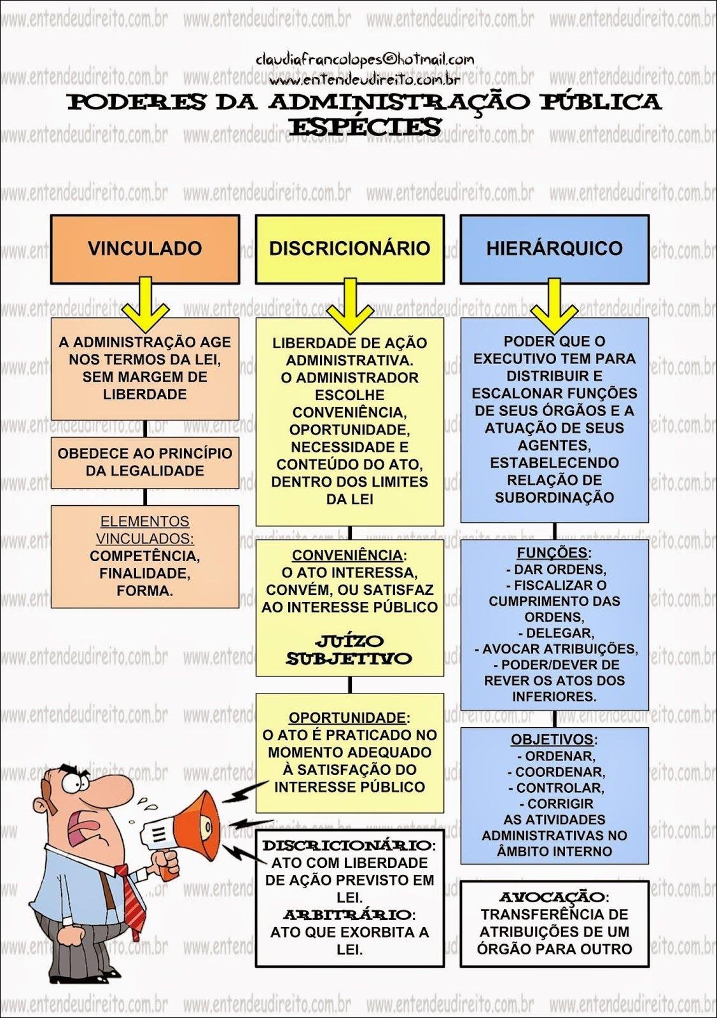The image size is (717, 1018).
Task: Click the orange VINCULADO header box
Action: coord(145,249)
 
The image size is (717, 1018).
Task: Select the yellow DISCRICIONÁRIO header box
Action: coord(349,249)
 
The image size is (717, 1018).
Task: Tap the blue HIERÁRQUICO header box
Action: coord(554,249)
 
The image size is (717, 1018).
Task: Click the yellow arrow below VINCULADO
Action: coord(145,305)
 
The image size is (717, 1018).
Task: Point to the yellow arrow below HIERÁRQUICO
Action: coord(554,305)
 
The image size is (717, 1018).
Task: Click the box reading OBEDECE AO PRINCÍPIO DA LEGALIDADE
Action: coord(145,463)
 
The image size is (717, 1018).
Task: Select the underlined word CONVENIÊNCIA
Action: coord(347,555)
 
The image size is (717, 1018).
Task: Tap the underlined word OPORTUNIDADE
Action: coord(347,718)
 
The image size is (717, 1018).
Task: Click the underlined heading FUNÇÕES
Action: coord(552,553)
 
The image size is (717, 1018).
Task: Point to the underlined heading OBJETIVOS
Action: coord(552,740)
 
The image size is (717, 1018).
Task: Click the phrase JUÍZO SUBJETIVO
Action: coord(349,650)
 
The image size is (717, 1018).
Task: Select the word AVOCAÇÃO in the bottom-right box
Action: coord(552,897)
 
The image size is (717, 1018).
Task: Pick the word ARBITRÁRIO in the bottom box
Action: coord(347,915)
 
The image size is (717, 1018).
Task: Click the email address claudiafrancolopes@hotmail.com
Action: coord(365,60)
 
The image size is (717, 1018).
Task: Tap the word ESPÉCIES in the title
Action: coord(365,127)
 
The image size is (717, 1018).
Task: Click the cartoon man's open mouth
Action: coord(83,827)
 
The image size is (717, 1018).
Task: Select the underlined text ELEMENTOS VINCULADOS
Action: coord(145,530)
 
